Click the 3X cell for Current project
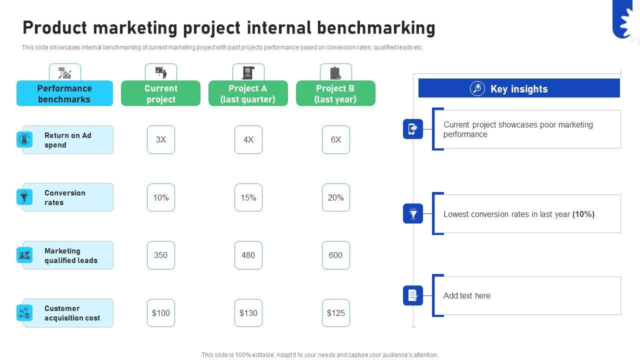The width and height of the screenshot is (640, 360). (x=161, y=139)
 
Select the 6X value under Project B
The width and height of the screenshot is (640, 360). (x=335, y=139)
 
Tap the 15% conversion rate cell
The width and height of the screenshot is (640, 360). (x=248, y=197)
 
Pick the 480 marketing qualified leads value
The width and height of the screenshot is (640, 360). (x=248, y=255)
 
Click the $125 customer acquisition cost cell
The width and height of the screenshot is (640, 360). (x=335, y=313)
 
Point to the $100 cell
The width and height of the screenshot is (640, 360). (x=161, y=313)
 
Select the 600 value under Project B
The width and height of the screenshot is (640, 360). (x=335, y=255)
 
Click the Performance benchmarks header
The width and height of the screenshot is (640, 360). (x=64, y=93)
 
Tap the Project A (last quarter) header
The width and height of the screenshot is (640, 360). (x=248, y=93)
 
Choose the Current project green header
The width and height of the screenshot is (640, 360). (x=160, y=93)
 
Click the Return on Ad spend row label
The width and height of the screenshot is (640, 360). (x=68, y=140)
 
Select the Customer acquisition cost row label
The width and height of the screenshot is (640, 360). (x=72, y=313)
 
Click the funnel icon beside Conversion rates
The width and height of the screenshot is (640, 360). (x=24, y=197)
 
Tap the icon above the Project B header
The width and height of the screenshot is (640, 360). (x=335, y=73)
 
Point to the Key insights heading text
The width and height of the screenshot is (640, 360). (x=519, y=89)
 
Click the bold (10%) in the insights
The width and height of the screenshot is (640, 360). (x=583, y=214)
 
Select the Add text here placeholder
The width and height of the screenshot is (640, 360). (x=466, y=295)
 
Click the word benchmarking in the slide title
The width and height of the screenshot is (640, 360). (x=376, y=28)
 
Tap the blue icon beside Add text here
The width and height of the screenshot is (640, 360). (x=413, y=295)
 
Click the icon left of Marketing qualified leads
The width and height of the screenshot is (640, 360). (x=24, y=255)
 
